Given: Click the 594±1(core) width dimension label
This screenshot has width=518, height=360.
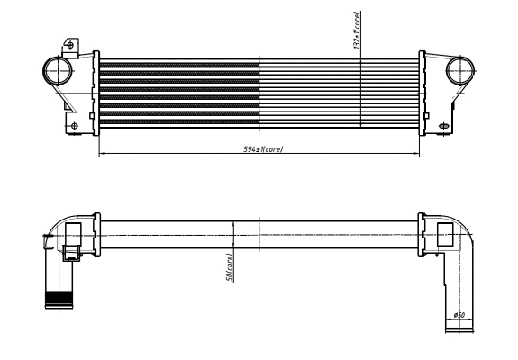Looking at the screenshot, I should tap(263, 148).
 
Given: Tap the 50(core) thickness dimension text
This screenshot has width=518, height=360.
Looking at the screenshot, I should tap(231, 266).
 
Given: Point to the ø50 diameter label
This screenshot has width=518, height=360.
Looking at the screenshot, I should tap(459, 315).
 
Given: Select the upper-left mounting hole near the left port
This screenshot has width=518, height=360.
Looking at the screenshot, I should tap(70, 44).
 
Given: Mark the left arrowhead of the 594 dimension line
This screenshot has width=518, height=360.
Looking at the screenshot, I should tap(101, 153).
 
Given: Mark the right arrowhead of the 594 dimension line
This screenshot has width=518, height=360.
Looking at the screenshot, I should tap(418, 153).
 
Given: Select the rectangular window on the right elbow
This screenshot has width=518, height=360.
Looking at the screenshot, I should tap(446, 236).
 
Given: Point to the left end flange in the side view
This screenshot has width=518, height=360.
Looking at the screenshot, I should tap(97, 235).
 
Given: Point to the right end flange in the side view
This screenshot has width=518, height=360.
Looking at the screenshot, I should tap(421, 235).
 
